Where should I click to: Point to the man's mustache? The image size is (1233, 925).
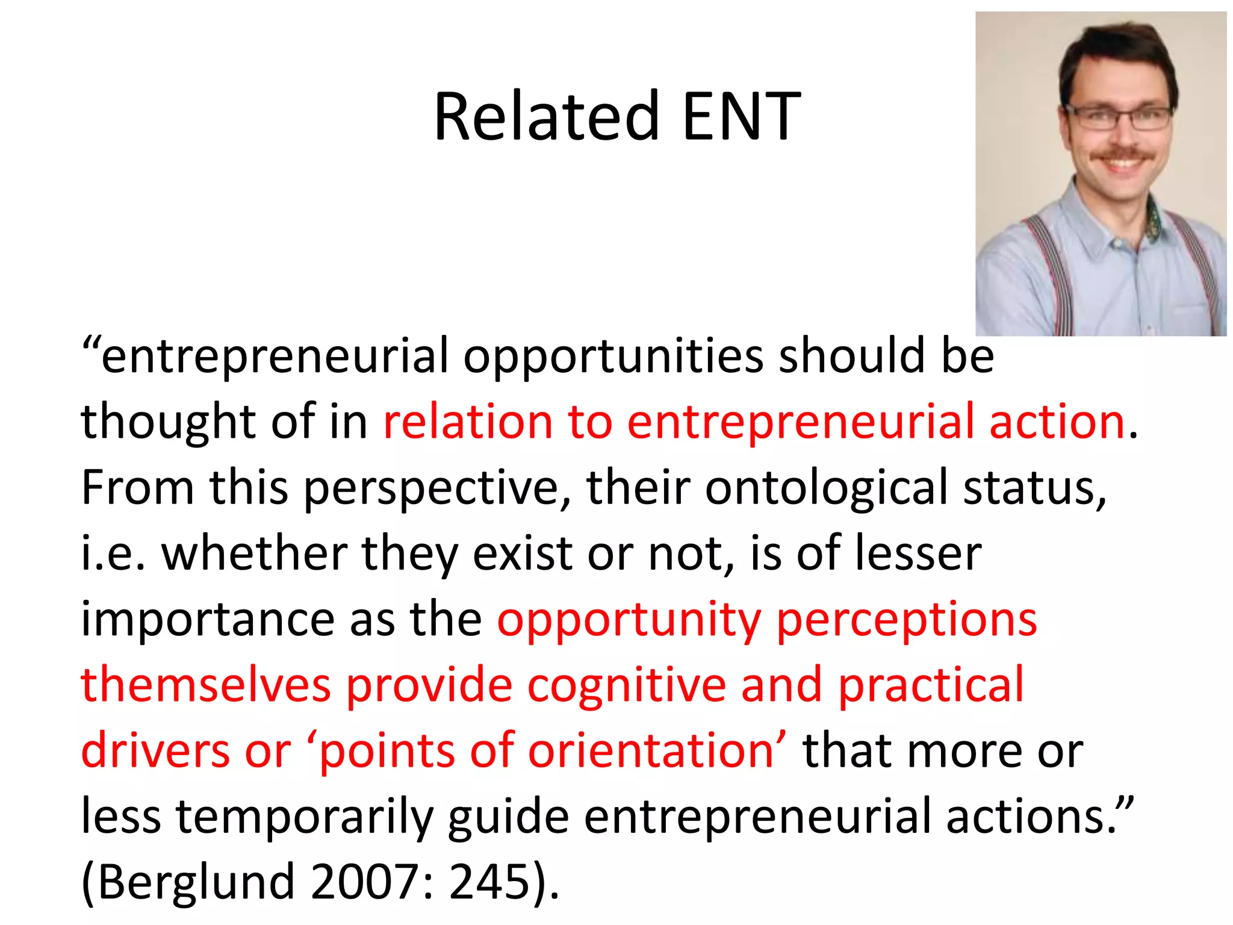coord(1122,152)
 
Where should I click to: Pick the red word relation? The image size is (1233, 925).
coord(468,421)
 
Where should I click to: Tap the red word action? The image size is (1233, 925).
coord(1057,421)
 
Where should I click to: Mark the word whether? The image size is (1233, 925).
coord(255,553)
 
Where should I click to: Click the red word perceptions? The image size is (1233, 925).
coord(907,620)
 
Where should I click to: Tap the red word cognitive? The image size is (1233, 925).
coord(627,686)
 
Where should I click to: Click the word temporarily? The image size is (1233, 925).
coord(304,817)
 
